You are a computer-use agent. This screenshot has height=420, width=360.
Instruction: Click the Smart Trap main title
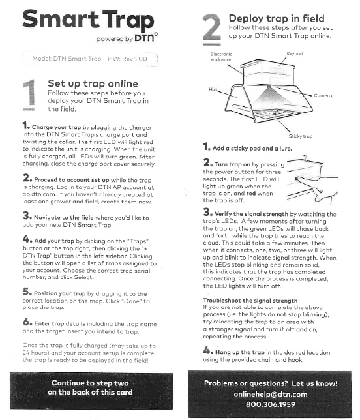point(88,20)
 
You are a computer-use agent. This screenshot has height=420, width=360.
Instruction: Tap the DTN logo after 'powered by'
point(145,38)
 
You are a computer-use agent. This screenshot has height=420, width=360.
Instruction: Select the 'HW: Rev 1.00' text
point(127,59)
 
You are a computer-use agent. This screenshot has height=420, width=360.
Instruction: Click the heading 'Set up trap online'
point(93,83)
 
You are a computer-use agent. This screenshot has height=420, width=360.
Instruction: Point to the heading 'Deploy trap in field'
point(276,18)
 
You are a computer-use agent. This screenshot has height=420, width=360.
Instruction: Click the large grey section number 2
point(212,29)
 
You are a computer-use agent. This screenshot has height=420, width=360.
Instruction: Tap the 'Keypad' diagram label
point(295,54)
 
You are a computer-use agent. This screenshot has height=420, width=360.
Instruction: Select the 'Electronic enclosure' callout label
point(221,57)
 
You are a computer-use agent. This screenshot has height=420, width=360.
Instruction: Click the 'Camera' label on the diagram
point(323,95)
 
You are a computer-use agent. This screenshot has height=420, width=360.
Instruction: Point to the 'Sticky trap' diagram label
point(301,136)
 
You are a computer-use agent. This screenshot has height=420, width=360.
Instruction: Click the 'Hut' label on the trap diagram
point(213,89)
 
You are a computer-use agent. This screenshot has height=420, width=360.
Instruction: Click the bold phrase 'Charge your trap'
point(56,127)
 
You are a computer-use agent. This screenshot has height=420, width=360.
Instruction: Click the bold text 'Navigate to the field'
point(64,218)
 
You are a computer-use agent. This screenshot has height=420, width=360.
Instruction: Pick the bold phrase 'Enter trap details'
point(60,323)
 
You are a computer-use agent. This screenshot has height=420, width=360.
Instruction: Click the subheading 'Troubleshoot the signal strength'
point(250,301)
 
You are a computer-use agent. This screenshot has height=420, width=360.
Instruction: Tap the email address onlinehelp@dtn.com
point(271,394)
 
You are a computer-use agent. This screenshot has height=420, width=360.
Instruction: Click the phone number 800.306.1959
point(271,404)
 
